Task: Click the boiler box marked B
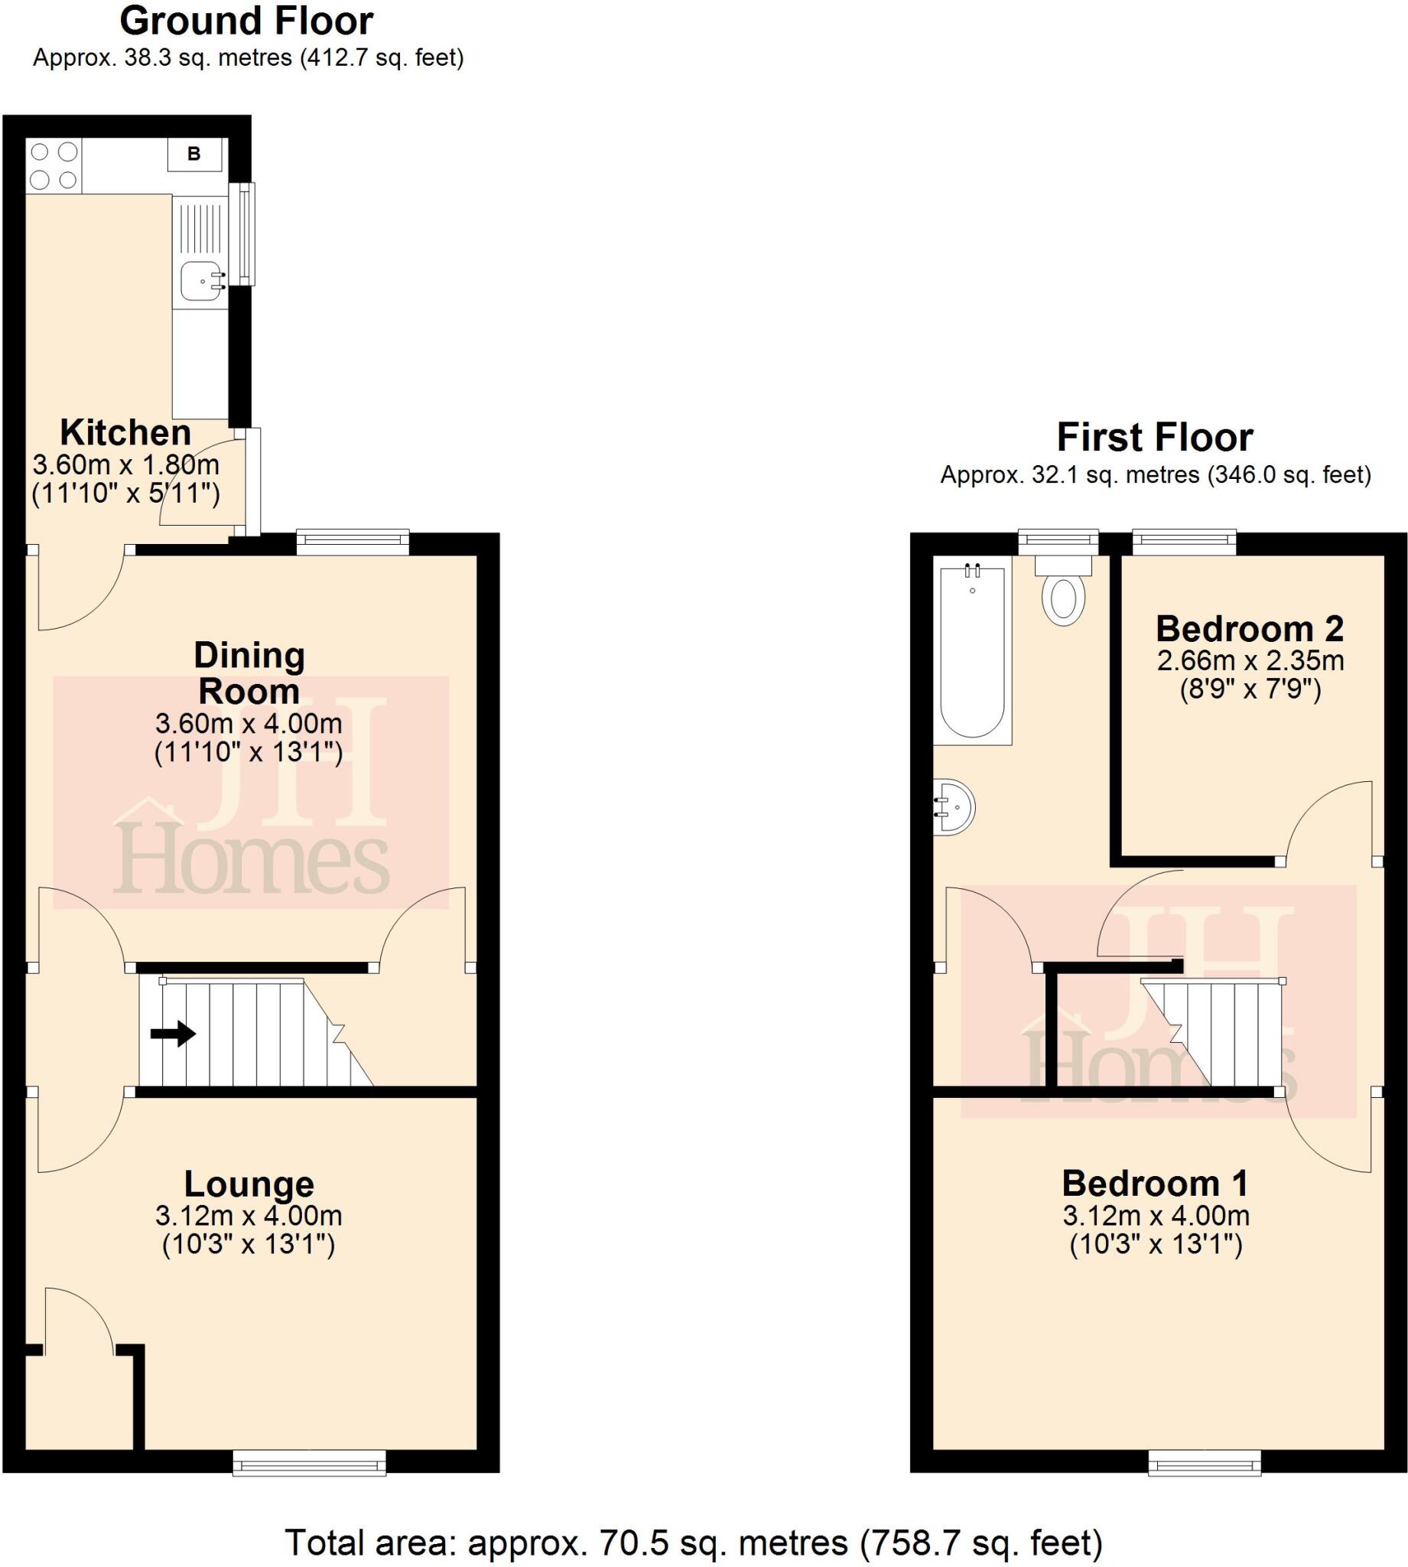click(194, 154)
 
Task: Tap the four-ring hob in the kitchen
click(54, 165)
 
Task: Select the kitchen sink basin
click(198, 281)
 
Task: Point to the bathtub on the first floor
click(973, 652)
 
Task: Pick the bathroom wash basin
click(953, 807)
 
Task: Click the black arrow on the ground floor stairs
click(173, 1033)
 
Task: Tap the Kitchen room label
click(125, 432)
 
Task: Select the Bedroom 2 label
click(1250, 628)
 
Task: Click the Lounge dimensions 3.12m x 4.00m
click(249, 1216)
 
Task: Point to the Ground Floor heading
click(246, 21)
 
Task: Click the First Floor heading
click(1154, 437)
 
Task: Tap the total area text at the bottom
click(693, 1543)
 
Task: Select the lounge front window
click(310, 1461)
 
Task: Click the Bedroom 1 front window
click(1205, 1461)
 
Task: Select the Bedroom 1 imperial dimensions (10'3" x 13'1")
click(1156, 1245)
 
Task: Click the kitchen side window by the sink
click(246, 233)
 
